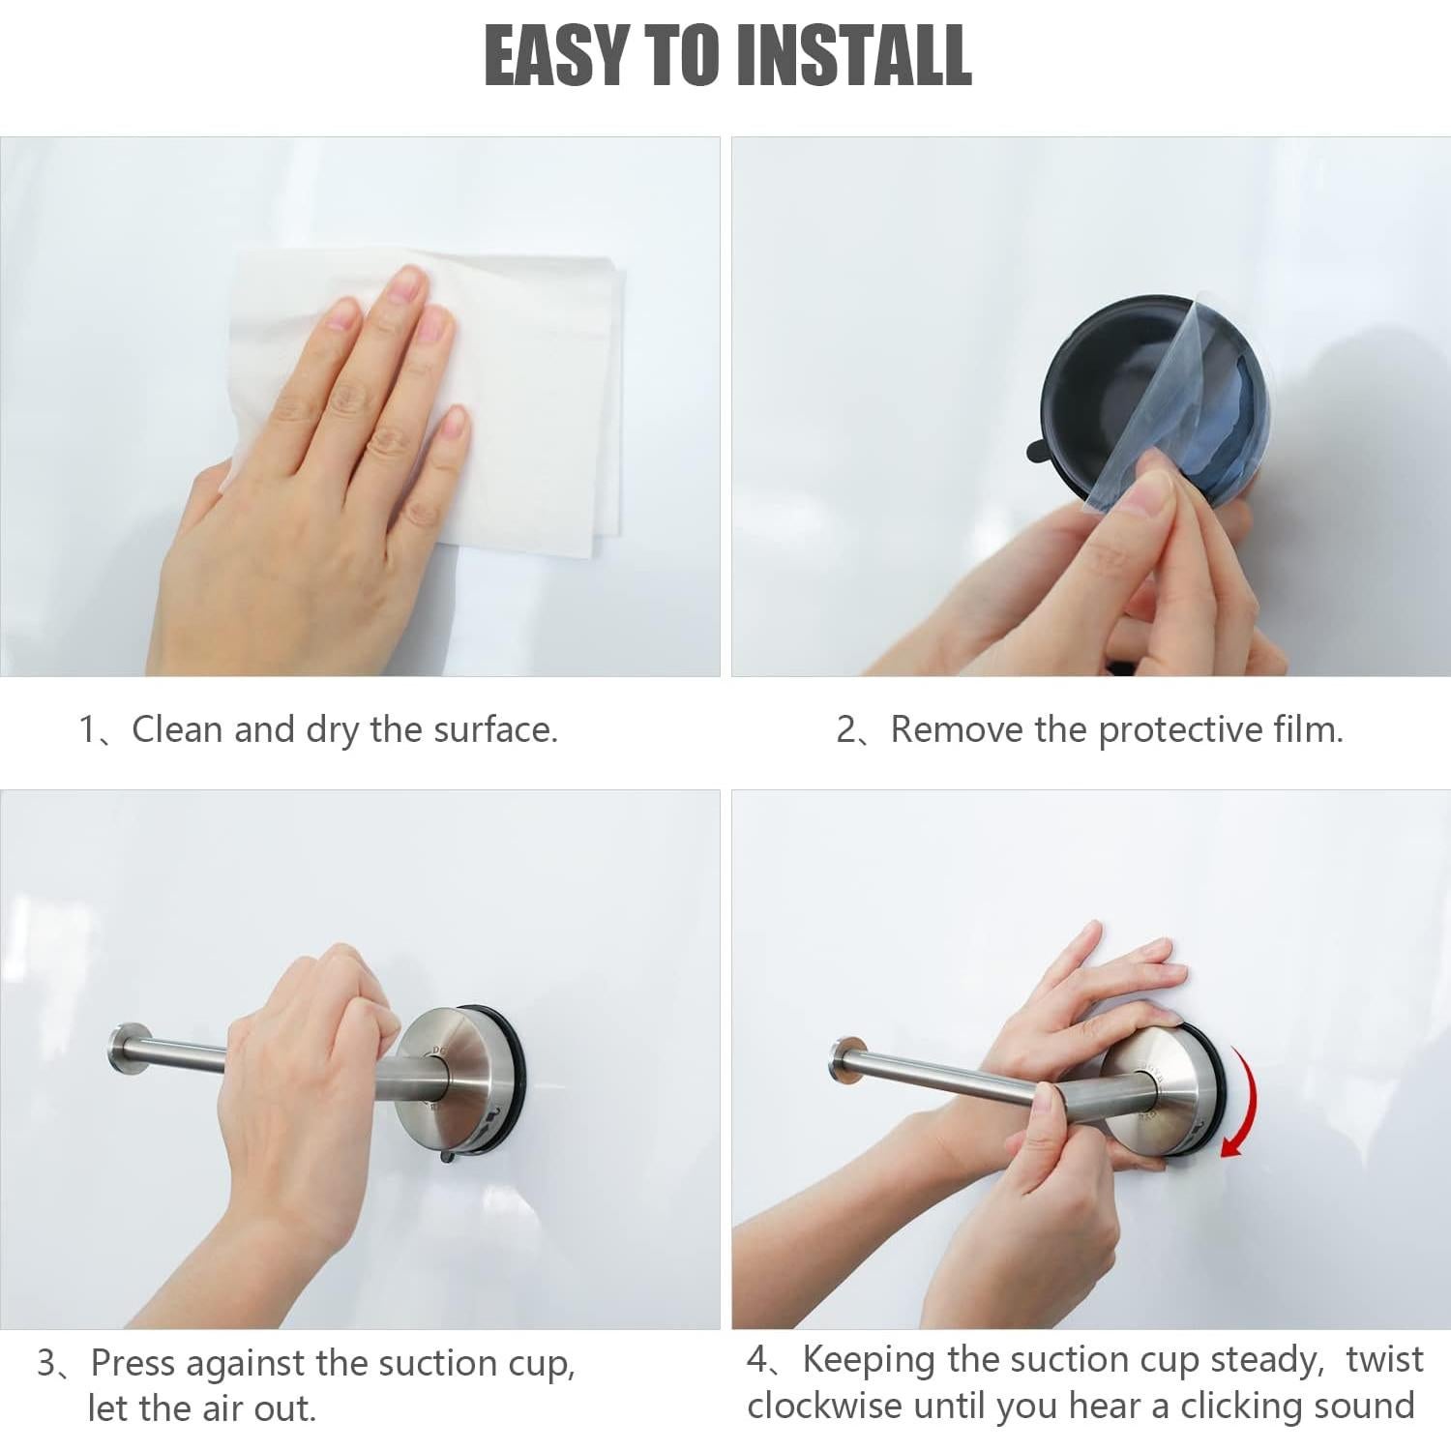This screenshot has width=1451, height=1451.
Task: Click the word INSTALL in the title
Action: pos(854,55)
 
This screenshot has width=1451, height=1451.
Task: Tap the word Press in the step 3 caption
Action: pos(133,1363)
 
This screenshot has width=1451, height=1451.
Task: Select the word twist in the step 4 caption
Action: pos(1384,1360)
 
